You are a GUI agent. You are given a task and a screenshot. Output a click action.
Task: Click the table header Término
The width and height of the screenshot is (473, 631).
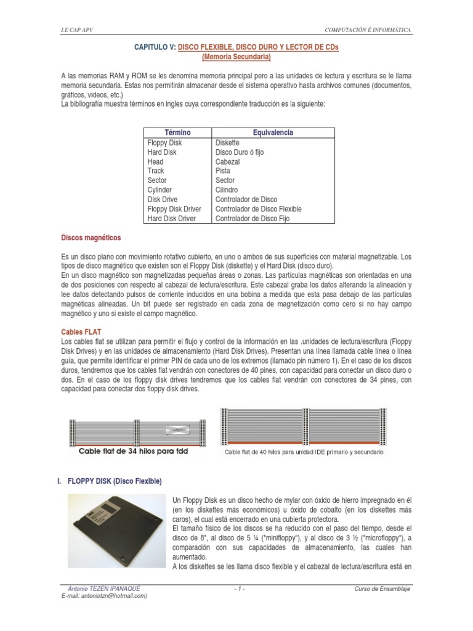(177, 132)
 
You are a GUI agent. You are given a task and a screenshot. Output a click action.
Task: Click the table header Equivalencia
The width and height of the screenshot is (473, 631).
(273, 132)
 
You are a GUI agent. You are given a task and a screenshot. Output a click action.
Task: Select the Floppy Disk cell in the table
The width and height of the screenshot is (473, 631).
(164, 142)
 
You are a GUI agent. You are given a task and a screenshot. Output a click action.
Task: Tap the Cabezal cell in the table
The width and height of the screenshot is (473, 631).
(228, 161)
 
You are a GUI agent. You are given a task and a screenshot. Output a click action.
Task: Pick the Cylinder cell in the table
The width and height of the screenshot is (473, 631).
(160, 190)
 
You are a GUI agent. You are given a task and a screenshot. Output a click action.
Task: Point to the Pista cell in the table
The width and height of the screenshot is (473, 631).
(223, 171)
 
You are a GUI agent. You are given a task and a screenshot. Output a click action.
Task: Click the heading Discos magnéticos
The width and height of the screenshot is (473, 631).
(91, 237)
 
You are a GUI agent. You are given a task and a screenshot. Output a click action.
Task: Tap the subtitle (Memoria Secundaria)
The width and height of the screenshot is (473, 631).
(236, 57)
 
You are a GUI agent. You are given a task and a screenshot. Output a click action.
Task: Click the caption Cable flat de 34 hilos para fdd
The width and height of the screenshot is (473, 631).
(132, 451)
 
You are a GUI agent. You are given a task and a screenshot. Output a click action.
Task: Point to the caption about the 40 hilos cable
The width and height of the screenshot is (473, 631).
(304, 452)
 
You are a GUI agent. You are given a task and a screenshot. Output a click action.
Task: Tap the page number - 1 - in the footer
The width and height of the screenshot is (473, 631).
(240, 589)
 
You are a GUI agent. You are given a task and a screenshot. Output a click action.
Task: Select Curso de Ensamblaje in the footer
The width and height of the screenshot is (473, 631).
(382, 589)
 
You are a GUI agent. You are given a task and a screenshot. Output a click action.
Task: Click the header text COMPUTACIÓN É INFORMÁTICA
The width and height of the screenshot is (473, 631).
(368, 30)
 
